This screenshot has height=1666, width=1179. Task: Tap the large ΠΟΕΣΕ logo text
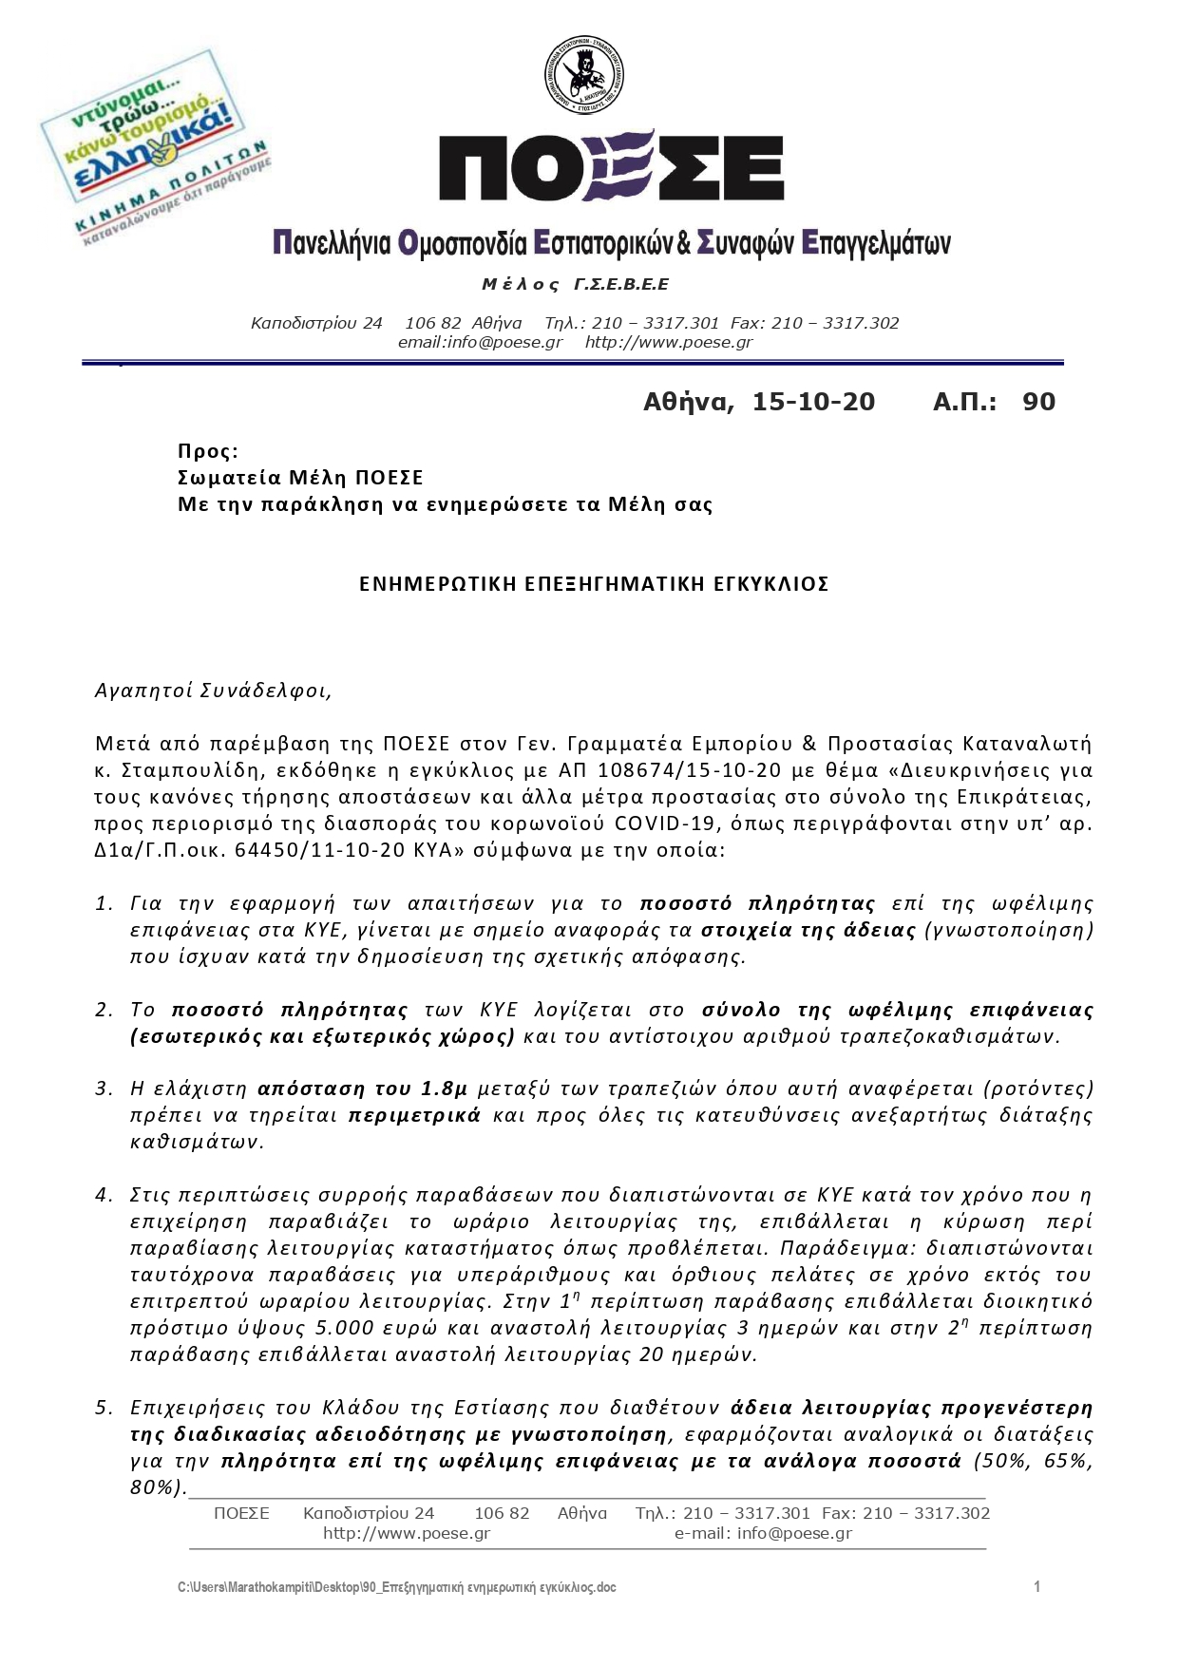tap(611, 167)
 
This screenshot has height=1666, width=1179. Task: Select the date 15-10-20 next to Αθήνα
tap(813, 402)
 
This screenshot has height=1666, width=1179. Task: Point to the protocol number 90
tap(1038, 402)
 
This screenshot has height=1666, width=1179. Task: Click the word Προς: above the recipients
tap(208, 451)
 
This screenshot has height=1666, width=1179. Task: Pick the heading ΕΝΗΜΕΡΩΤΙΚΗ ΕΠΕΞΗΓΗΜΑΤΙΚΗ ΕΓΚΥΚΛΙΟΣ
tap(594, 584)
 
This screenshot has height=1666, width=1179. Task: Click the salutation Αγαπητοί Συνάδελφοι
tap(214, 691)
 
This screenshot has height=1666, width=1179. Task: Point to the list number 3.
tap(104, 1089)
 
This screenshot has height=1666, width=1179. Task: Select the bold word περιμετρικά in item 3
tap(415, 1115)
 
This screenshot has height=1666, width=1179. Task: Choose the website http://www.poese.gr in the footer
tap(407, 1533)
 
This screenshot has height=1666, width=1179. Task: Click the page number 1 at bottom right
tap(1037, 1587)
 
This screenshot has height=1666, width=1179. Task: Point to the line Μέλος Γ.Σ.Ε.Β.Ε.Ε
tap(576, 285)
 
